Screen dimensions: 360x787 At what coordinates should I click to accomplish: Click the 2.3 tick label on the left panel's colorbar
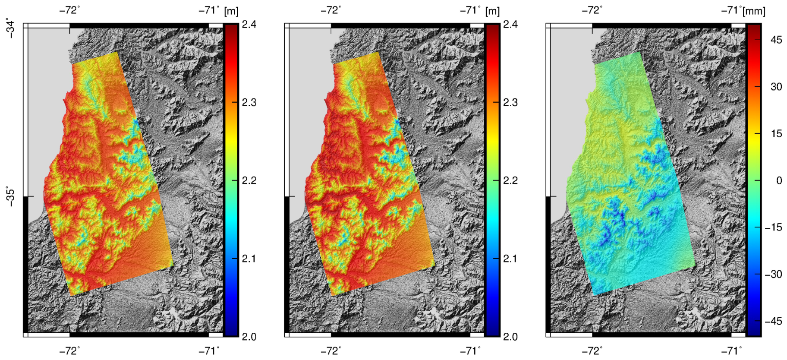click(249, 103)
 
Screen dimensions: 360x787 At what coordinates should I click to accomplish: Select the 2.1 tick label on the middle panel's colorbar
click(510, 259)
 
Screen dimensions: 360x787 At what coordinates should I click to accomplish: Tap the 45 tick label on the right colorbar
click(776, 40)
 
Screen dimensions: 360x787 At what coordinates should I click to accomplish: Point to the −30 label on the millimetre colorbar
click(773, 274)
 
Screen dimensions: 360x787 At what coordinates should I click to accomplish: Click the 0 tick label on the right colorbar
click(779, 180)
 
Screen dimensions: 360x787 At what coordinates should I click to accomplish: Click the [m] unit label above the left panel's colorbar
click(231, 11)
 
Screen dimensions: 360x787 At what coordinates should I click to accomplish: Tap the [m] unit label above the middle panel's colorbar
click(492, 11)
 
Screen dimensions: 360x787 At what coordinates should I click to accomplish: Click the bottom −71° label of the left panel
click(209, 351)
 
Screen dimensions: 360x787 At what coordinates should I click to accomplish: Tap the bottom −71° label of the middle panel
click(470, 351)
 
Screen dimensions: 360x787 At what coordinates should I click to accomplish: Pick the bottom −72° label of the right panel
click(592, 351)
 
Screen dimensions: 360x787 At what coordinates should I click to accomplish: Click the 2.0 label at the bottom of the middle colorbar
click(510, 337)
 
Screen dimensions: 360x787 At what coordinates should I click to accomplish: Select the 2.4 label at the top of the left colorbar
click(249, 24)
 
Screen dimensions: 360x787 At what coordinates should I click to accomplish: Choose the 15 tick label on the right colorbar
click(776, 133)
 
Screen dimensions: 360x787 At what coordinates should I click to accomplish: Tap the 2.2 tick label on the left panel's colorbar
click(249, 180)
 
